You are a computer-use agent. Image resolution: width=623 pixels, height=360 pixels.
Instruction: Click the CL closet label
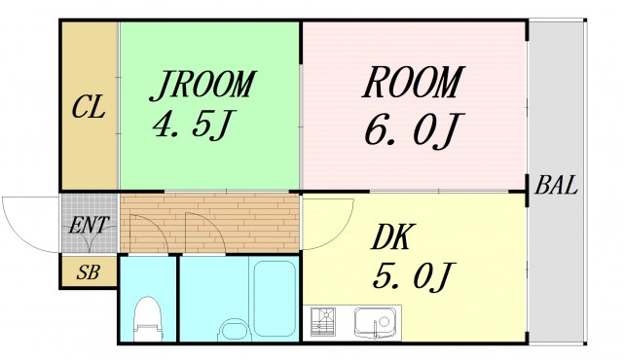tap(89, 107)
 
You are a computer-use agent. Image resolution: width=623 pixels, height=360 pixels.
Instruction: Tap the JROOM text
tap(202, 86)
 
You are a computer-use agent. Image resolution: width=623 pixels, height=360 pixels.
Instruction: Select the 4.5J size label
tap(194, 126)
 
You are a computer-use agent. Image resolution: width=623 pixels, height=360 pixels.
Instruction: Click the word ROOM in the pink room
tap(412, 84)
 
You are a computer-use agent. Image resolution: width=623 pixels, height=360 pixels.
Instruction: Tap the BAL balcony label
tap(556, 185)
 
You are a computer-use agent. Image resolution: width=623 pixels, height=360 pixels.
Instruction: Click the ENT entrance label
tap(88, 225)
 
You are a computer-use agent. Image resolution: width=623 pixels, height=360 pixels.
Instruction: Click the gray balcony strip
tap(559, 272)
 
